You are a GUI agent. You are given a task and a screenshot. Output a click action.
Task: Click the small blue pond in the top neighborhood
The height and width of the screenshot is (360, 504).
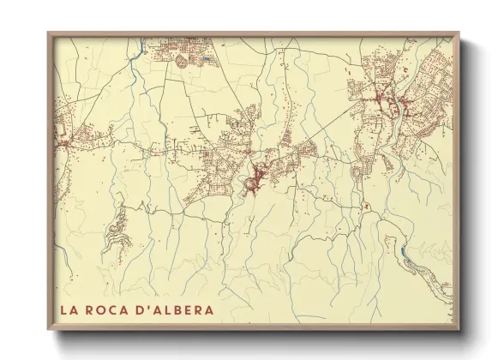click(x=208, y=58)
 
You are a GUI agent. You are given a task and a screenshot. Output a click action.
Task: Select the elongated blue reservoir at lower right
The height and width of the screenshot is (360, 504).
click(x=402, y=252)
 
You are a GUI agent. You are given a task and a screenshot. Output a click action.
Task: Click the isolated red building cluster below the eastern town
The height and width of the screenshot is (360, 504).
click(x=364, y=205)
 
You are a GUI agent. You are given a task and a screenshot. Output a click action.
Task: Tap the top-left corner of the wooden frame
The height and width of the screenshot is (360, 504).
click(x=49, y=33)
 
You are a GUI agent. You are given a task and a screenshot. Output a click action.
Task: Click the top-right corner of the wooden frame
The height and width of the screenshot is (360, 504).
click(x=459, y=33)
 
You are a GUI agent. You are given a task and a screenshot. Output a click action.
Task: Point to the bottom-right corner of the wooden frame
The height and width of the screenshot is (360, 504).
click(x=459, y=329)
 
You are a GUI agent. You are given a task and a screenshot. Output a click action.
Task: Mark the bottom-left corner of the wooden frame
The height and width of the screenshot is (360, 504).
click(x=49, y=329)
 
